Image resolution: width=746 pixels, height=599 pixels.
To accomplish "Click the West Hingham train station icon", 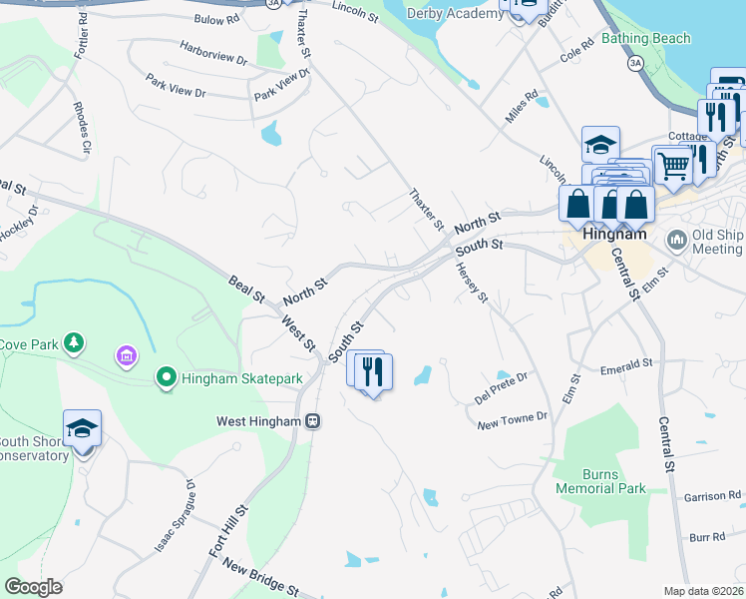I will tap(312, 421).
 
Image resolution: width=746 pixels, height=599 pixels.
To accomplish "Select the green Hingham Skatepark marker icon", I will tap(167, 377).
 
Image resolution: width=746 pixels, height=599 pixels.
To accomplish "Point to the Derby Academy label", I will tap(456, 13).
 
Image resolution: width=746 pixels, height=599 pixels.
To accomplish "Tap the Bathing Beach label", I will tap(646, 39).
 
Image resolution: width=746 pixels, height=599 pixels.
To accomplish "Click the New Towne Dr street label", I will tap(514, 420).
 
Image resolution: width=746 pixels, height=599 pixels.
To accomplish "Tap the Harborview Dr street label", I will tap(213, 52).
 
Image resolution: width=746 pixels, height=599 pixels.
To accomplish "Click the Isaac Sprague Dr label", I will tap(175, 516).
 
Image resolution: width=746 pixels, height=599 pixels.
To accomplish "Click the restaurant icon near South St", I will tap(375, 372).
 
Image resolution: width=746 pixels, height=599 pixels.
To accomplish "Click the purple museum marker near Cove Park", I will tap(127, 355).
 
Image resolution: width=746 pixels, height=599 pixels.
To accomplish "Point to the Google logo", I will tap(33, 587).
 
